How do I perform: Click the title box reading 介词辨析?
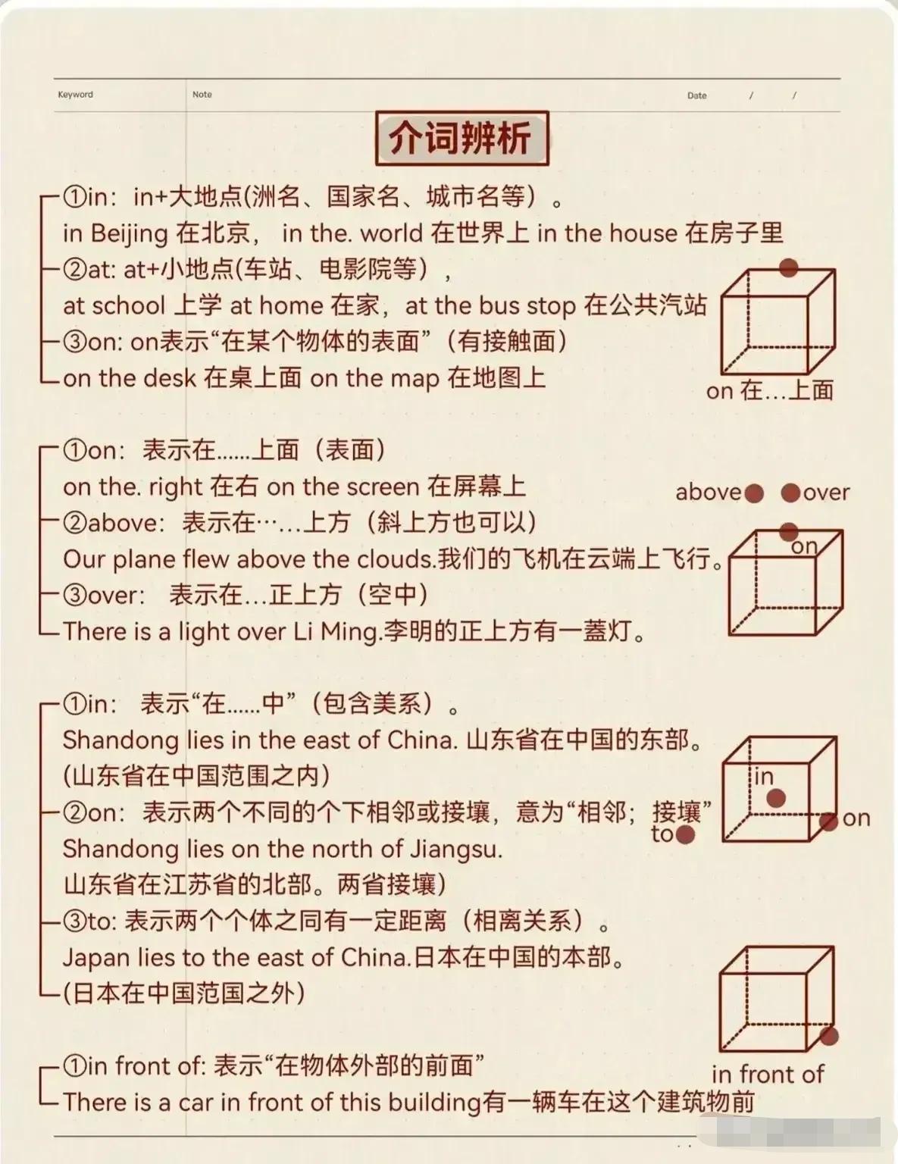pyautogui.click(x=462, y=138)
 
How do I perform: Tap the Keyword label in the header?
pyautogui.click(x=76, y=95)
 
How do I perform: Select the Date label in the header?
pyautogui.click(x=696, y=96)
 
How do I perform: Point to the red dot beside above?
pyautogui.click(x=754, y=493)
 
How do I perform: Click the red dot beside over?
pyautogui.click(x=791, y=493)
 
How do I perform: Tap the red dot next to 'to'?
pyautogui.click(x=685, y=834)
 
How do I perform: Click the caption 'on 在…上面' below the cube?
pyautogui.click(x=769, y=390)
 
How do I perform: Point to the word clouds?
pyautogui.click(x=395, y=560)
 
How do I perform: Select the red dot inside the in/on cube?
pyautogui.click(x=776, y=798)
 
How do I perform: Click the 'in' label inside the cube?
pyautogui.click(x=764, y=776)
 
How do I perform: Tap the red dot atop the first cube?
pyautogui.click(x=788, y=268)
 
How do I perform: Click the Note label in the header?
pyautogui.click(x=202, y=95)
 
